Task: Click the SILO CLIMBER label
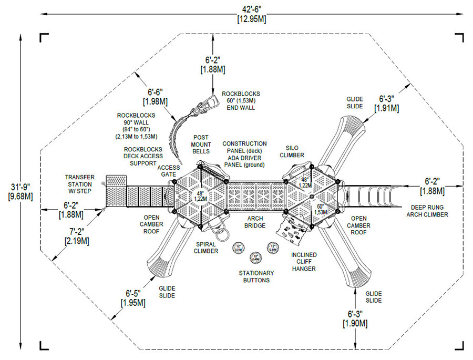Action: coord(292,151)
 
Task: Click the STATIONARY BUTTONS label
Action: coord(256,276)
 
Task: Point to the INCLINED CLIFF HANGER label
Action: coord(304,262)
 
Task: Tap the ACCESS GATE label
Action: coord(169,171)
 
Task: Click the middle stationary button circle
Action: coord(256,258)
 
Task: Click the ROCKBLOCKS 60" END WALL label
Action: coord(240,100)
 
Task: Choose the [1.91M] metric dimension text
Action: coord(386,108)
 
